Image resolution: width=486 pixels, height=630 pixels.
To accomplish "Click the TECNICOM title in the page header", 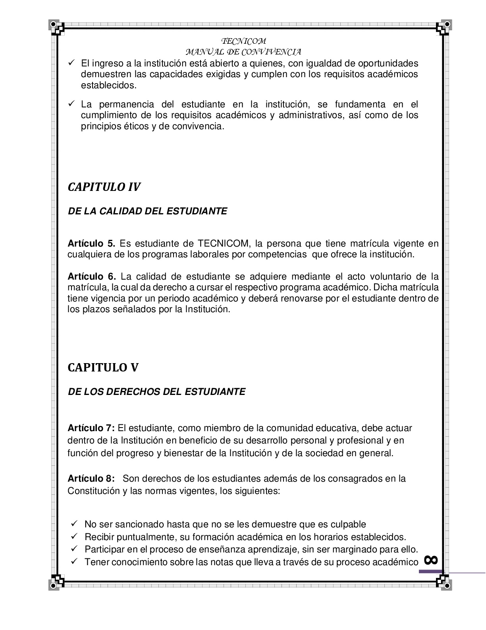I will tap(243, 41).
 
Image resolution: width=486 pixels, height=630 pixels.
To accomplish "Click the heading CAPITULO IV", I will tap(104, 187).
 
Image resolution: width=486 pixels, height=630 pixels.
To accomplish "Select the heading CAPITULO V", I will tap(103, 367).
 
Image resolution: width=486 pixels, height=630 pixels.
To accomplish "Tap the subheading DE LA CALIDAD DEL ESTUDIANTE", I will tap(147, 211).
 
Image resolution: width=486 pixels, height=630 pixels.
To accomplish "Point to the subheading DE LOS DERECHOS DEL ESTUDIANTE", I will tap(156, 392).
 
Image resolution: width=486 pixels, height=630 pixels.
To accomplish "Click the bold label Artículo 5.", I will tap(91, 243).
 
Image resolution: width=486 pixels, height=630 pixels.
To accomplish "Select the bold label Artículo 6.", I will tap(91, 276).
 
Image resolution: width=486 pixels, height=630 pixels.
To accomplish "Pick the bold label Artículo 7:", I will tap(91, 428).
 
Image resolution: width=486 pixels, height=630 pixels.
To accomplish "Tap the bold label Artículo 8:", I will tap(91, 478).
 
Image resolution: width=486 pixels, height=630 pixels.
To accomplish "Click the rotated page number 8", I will tap(431, 560).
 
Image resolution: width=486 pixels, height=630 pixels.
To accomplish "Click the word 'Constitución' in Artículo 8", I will tap(93, 491).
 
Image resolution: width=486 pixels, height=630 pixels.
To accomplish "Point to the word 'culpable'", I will tap(348, 524).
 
